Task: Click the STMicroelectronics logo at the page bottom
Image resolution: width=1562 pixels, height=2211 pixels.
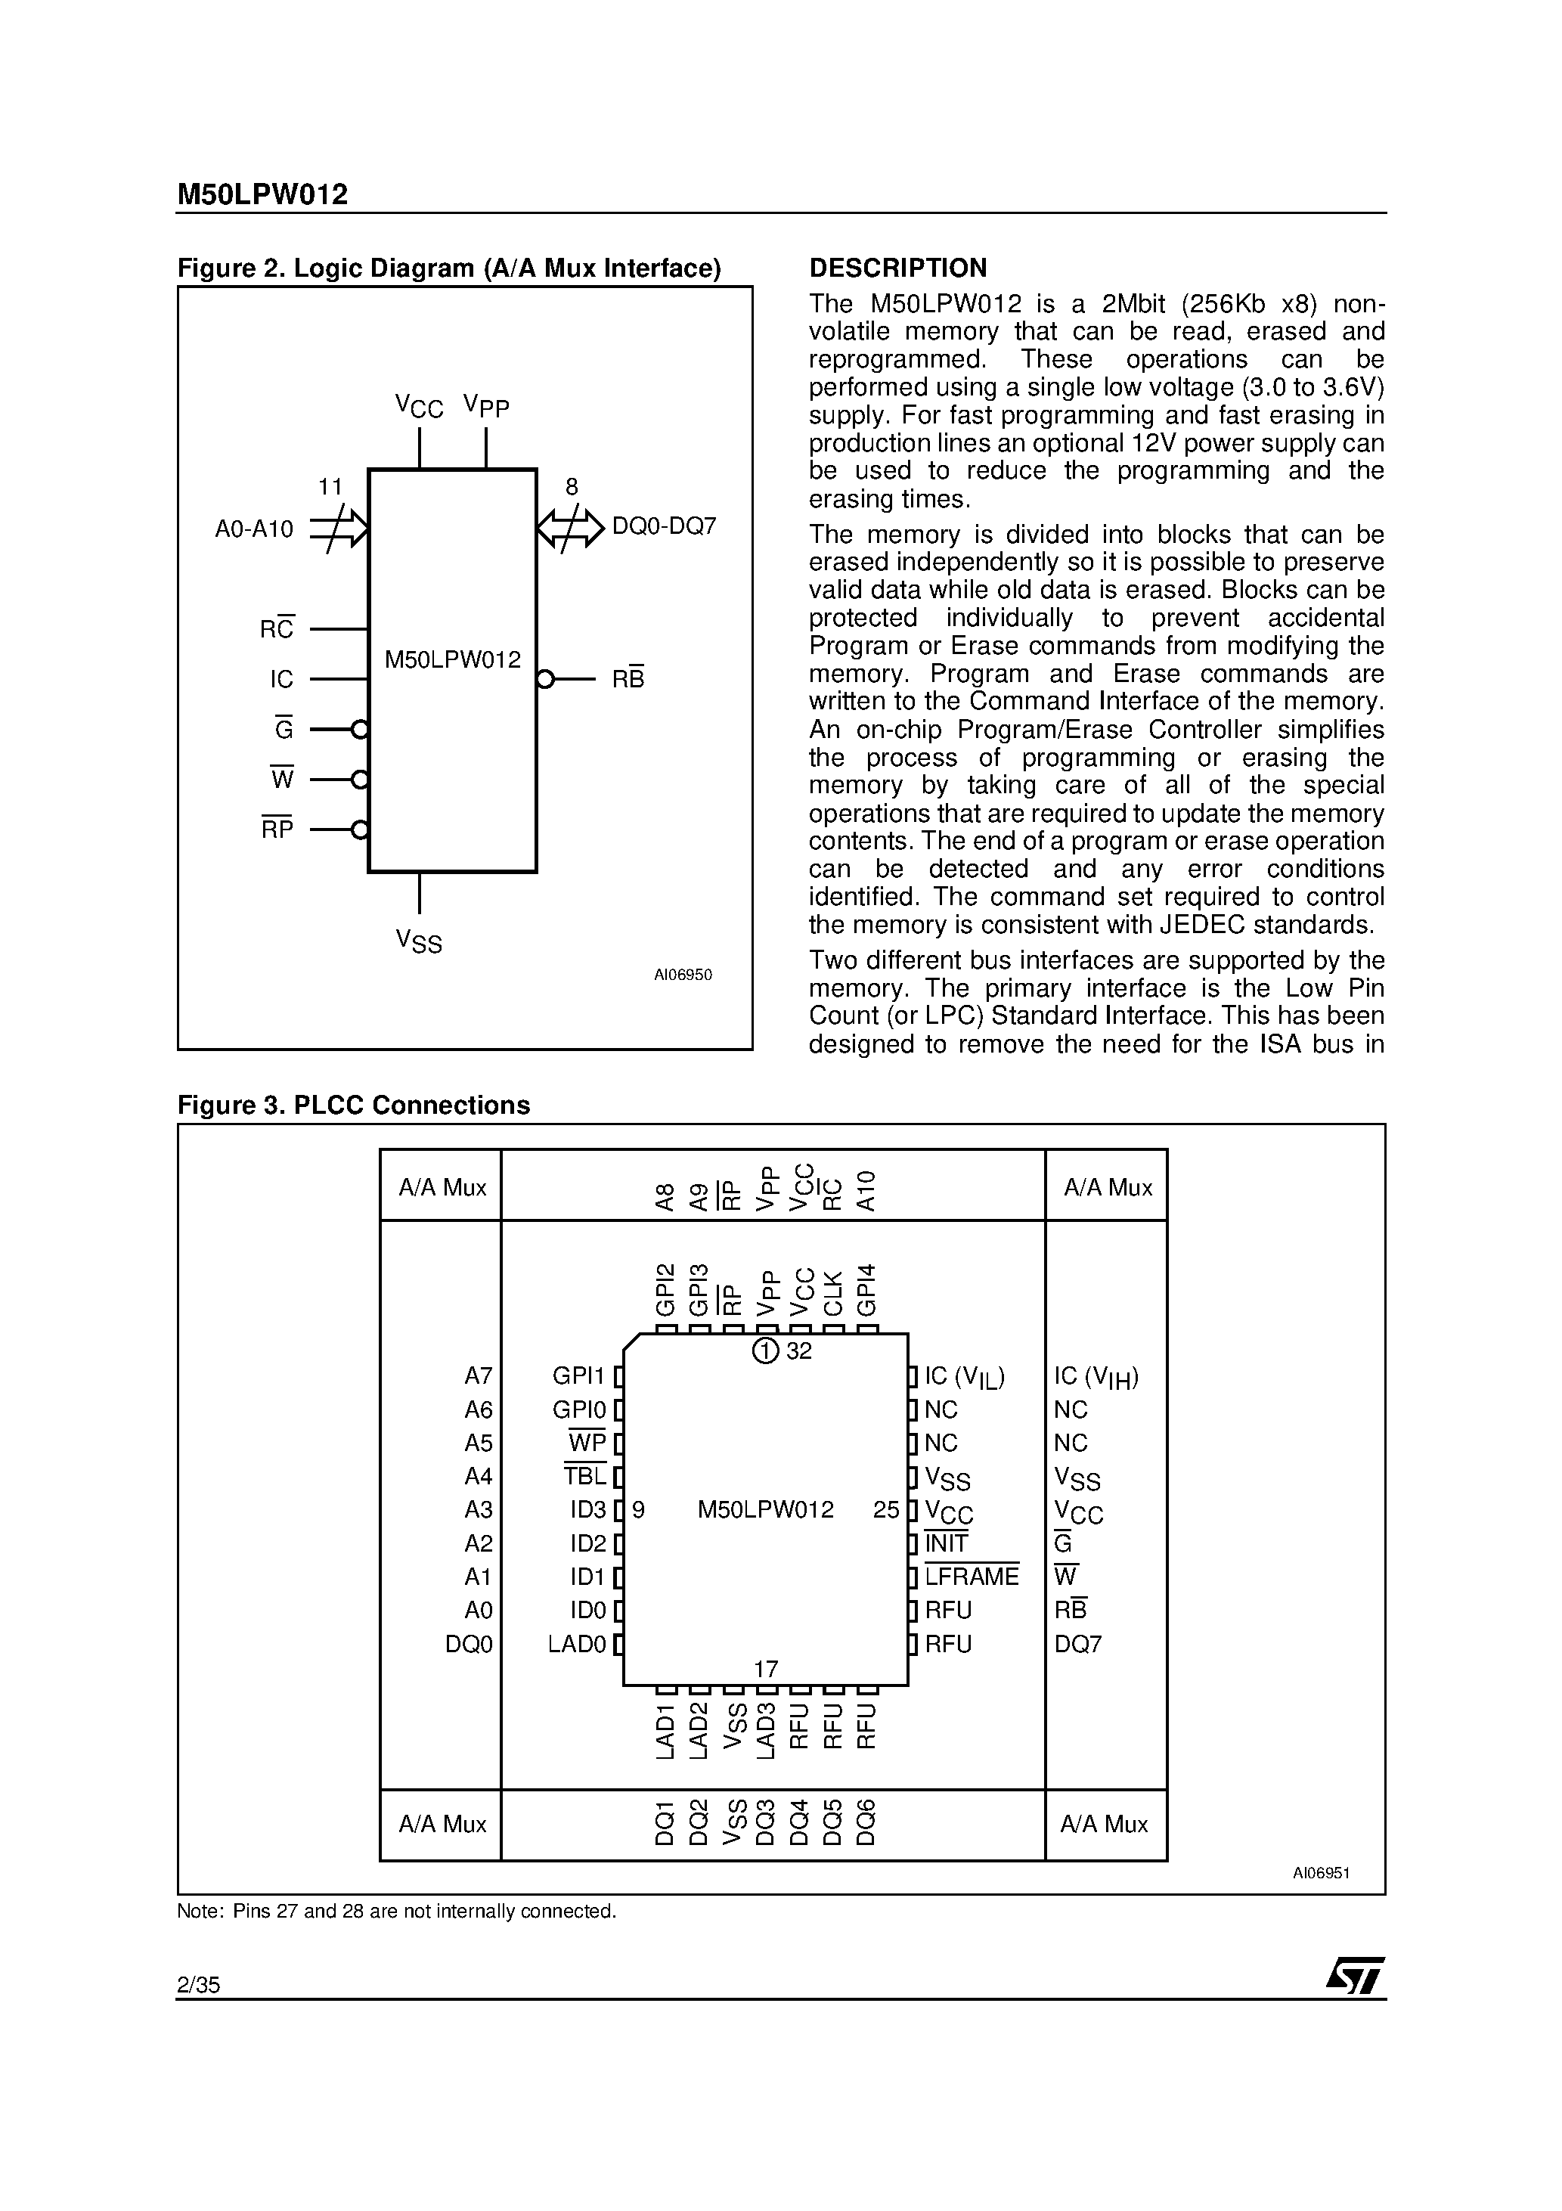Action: (1355, 1976)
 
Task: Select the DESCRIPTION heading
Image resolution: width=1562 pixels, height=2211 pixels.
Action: (897, 268)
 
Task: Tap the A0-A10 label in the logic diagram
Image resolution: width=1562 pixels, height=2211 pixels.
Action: (254, 529)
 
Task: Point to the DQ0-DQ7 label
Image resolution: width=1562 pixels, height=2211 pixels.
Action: (665, 527)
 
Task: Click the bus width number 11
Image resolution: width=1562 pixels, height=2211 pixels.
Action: (330, 487)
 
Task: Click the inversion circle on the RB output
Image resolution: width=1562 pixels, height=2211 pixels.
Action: (545, 680)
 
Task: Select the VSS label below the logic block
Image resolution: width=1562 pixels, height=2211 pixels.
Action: (419, 941)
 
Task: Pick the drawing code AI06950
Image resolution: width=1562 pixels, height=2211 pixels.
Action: (683, 975)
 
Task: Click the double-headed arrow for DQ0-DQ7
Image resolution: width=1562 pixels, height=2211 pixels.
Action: (570, 528)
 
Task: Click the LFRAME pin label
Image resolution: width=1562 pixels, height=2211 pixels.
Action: (971, 1577)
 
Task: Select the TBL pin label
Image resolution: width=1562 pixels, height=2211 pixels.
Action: (585, 1476)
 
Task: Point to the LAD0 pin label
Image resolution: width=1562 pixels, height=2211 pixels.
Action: (577, 1644)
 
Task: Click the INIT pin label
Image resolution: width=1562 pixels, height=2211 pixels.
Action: (947, 1543)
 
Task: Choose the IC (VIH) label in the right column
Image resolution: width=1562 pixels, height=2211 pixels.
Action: (1096, 1377)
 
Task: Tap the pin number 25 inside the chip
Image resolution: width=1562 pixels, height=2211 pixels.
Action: (886, 1510)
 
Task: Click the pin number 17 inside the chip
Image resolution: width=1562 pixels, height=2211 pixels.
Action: (766, 1669)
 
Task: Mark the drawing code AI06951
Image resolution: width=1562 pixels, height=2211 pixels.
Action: (1320, 1873)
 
